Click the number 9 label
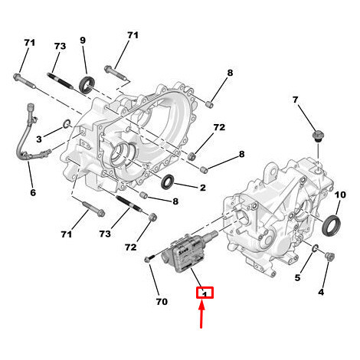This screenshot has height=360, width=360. click(x=83, y=41)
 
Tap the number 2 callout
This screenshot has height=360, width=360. click(x=203, y=187)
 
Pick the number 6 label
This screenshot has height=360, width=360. click(x=33, y=192)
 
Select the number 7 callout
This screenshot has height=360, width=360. click(x=296, y=100)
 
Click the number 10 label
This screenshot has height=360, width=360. click(x=341, y=195)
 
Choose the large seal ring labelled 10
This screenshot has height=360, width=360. click(x=332, y=225)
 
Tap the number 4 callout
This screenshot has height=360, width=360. click(x=322, y=291)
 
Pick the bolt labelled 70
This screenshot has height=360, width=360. click(x=148, y=263)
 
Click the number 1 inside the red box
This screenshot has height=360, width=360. click(x=205, y=293)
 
